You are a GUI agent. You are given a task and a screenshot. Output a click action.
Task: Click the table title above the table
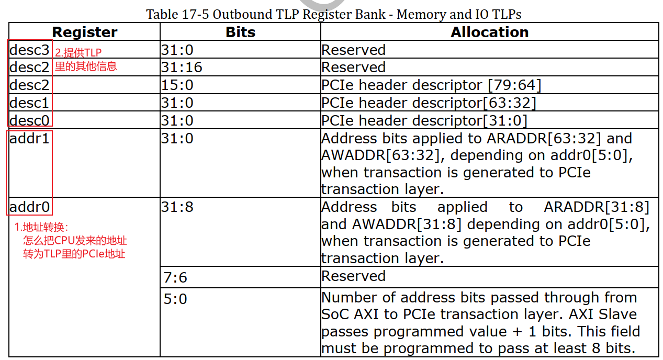(x=333, y=14)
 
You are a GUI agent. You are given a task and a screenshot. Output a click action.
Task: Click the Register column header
(x=84, y=32)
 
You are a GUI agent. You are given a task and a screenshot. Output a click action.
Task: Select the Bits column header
(x=240, y=32)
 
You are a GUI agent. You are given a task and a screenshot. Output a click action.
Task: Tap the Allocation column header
(x=489, y=32)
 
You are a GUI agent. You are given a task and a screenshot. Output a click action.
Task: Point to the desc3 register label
(x=29, y=50)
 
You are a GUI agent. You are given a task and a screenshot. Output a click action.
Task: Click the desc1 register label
(x=29, y=103)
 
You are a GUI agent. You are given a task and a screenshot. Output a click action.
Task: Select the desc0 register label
(x=29, y=121)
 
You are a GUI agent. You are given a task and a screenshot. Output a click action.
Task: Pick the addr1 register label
(x=29, y=139)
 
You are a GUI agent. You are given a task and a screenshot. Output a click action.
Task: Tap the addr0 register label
(x=29, y=207)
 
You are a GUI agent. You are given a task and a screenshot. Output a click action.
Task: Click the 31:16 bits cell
(x=182, y=67)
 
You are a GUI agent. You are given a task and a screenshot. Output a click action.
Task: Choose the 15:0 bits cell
(x=177, y=85)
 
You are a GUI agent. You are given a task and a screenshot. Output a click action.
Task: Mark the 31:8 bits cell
(x=177, y=207)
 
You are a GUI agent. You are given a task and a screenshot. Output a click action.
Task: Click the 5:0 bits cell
(x=175, y=299)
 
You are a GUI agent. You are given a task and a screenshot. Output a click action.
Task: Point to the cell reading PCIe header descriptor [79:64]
(x=431, y=85)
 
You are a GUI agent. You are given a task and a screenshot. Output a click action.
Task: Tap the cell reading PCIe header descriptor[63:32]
(x=429, y=103)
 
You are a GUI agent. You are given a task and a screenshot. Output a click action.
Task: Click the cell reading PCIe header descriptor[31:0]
(x=424, y=121)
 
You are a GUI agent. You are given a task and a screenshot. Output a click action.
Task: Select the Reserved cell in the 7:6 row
(x=353, y=276)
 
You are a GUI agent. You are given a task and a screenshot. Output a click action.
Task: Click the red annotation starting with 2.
(x=85, y=59)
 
